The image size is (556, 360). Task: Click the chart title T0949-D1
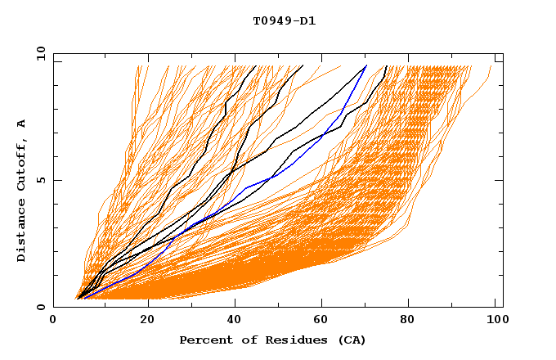(284, 20)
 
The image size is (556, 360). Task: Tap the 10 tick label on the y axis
(39, 53)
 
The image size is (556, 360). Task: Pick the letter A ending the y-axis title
(21, 123)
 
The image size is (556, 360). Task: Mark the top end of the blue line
(366, 65)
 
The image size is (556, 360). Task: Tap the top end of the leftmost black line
(256, 65)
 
